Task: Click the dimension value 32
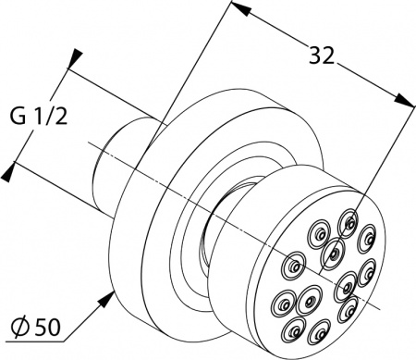[322, 56]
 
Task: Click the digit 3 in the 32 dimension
[315, 56]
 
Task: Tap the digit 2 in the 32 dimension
[328, 56]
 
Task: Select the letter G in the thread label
[18, 118]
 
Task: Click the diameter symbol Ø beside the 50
[21, 328]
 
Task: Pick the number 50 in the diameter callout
[46, 328]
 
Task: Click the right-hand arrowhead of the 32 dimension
[406, 100]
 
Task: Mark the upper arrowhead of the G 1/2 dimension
[75, 58]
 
